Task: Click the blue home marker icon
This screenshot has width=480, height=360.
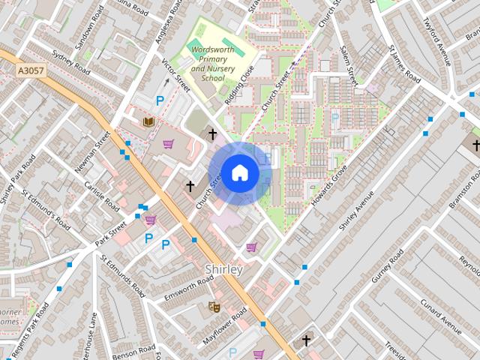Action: pos(239,173)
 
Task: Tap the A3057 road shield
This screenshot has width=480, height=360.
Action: pos(29,71)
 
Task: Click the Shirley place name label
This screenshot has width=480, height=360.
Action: pos(223,269)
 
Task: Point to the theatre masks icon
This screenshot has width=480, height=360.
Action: pos(213,307)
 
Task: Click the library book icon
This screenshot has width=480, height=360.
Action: pos(148,121)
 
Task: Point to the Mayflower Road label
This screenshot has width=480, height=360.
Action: pos(224,325)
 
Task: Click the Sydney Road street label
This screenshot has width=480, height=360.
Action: pos(71,63)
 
